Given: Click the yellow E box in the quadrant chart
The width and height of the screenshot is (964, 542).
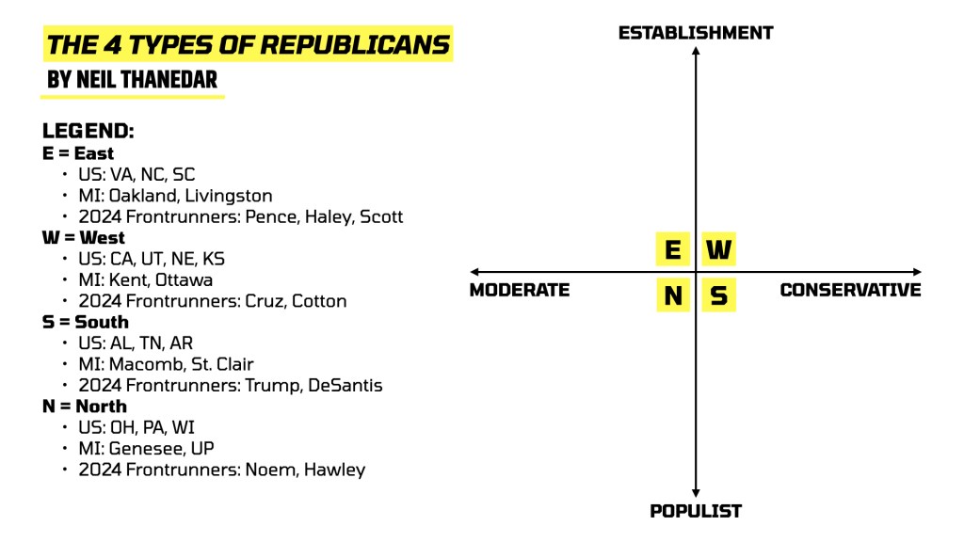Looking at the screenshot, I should pyautogui.click(x=672, y=250).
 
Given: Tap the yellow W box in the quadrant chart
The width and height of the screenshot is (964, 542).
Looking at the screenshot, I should pyautogui.click(x=718, y=250).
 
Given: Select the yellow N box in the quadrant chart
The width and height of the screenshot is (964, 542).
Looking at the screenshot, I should pyautogui.click(x=672, y=296).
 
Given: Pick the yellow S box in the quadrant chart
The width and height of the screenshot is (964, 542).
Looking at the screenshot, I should pyautogui.click(x=718, y=296).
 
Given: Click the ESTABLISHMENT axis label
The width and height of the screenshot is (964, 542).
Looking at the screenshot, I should pyautogui.click(x=696, y=33).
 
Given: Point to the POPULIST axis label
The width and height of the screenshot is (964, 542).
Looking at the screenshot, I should pyautogui.click(x=696, y=512).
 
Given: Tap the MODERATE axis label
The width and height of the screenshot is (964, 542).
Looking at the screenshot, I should pyautogui.click(x=520, y=290).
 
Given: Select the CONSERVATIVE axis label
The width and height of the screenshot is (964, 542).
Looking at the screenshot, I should pyautogui.click(x=850, y=290).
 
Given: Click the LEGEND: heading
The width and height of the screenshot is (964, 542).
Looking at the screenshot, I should pyautogui.click(x=88, y=132).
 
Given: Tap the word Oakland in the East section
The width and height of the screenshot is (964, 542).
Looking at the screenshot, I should pyautogui.click(x=142, y=196).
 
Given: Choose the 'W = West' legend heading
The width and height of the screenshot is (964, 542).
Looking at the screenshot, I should pyautogui.click(x=84, y=237).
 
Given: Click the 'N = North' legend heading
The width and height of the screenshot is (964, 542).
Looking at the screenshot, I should pyautogui.click(x=85, y=406).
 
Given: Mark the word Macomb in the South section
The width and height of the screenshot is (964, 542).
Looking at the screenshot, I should pyautogui.click(x=142, y=364).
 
